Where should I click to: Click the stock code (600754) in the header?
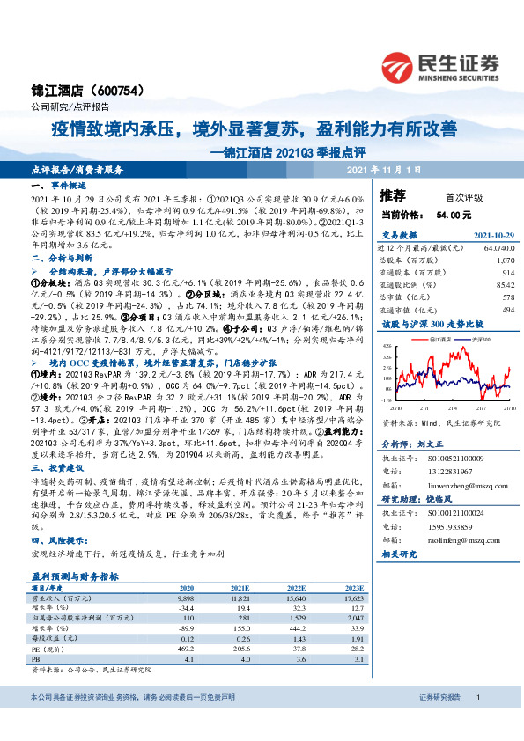tap(112, 91)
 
